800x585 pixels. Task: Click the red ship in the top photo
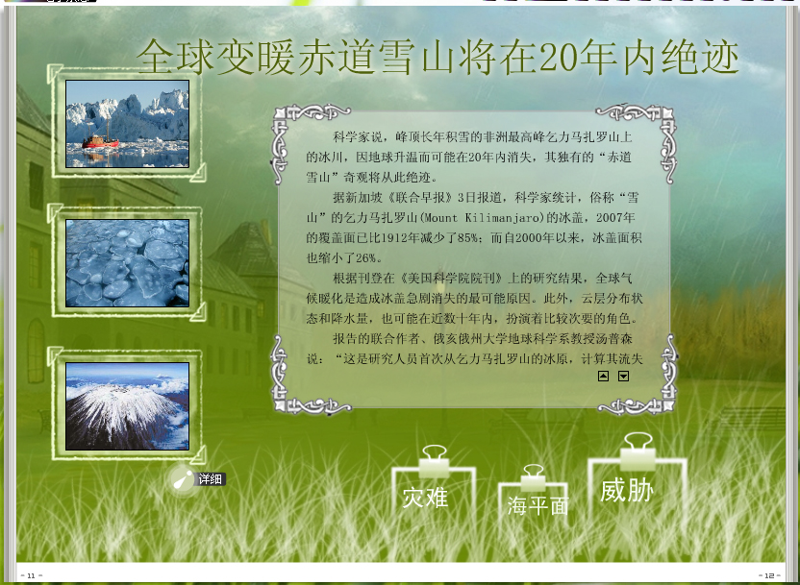click(x=100, y=141)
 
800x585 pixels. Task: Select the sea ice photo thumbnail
click(x=128, y=263)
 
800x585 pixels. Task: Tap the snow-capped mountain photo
click(x=128, y=406)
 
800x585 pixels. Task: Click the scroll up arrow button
click(x=603, y=377)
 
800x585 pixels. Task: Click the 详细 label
click(x=211, y=479)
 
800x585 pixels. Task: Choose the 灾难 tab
click(x=425, y=498)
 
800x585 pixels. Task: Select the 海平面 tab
click(x=537, y=505)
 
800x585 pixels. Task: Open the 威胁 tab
click(x=627, y=490)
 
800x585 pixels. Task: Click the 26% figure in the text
click(x=365, y=257)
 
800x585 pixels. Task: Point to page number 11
click(x=31, y=575)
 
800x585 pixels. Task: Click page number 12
click(x=769, y=575)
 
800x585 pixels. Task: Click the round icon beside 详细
click(x=183, y=479)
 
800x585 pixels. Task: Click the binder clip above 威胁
click(x=637, y=451)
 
